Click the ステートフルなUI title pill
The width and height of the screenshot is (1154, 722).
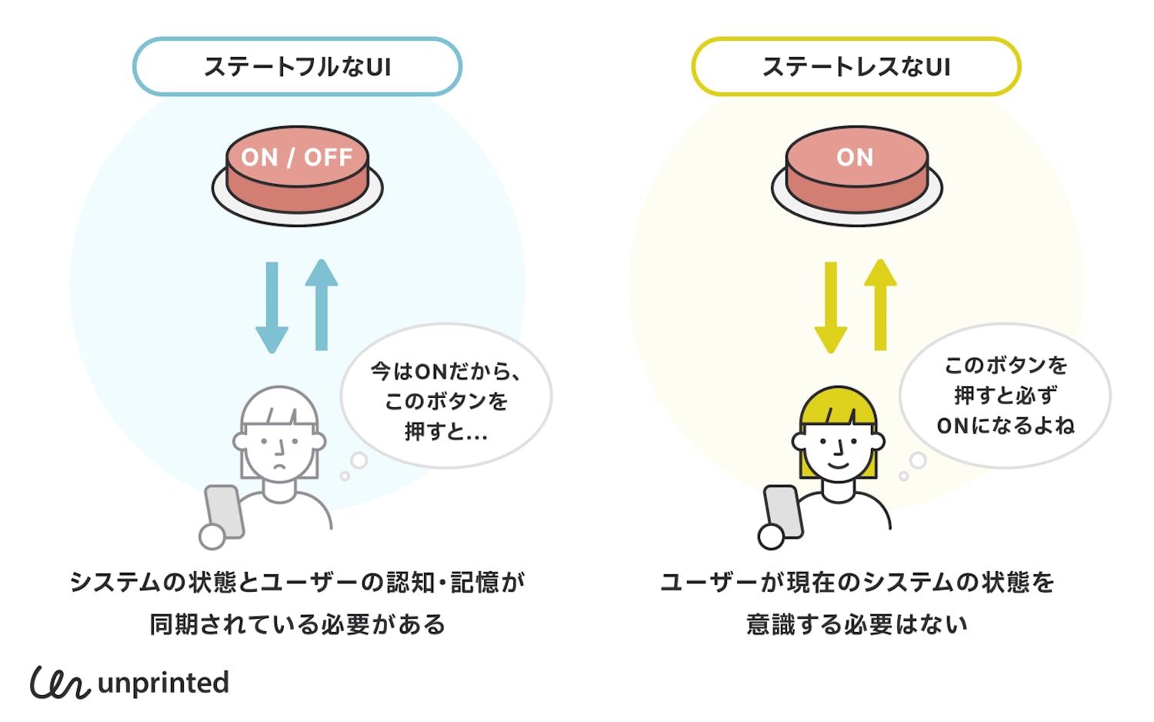297,67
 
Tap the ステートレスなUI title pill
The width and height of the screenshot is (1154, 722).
855,67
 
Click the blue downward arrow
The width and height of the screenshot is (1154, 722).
272,308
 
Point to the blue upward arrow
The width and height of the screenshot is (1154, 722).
322,305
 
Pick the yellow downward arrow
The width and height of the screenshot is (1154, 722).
831,308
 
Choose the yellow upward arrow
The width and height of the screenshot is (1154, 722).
880,305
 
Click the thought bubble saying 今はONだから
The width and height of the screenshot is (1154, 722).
446,396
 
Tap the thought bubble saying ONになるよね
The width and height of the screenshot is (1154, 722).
1005,396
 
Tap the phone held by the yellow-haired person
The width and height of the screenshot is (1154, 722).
783,511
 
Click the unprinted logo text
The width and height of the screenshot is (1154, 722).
163,683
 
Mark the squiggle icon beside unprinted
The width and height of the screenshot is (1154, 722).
60,682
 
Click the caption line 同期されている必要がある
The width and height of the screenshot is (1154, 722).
297,623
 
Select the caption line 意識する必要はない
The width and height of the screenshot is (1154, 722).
856,623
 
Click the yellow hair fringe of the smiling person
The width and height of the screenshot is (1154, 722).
838,408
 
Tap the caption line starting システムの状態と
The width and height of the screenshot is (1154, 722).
297,582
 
